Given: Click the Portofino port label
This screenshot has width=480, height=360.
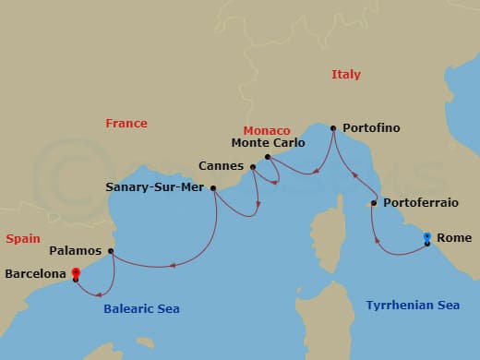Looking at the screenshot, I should (371, 128).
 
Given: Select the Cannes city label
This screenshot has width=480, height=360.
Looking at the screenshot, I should (221, 166).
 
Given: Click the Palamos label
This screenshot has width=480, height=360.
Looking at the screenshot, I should (76, 250).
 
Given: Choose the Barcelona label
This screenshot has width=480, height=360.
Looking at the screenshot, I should (36, 274).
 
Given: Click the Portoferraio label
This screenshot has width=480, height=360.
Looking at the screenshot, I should (414, 202).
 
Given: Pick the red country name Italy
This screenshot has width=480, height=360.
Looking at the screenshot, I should (346, 75).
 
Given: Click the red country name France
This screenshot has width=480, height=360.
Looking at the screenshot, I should (126, 123).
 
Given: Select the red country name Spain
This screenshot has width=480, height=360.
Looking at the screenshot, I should (22, 238).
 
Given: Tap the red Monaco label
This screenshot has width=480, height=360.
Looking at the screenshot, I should (267, 131).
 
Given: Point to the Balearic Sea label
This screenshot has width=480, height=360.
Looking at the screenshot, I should (142, 309).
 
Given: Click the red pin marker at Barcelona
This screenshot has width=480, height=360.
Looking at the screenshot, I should (75, 272).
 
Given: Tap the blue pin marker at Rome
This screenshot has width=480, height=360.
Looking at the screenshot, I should (426, 238).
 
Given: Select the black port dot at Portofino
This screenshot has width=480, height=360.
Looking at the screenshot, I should (332, 128).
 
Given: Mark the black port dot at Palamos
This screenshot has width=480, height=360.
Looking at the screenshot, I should (111, 251).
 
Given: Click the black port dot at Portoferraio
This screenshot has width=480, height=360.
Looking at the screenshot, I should (373, 203).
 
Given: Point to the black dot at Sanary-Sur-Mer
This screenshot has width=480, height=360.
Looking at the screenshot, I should (214, 188).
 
